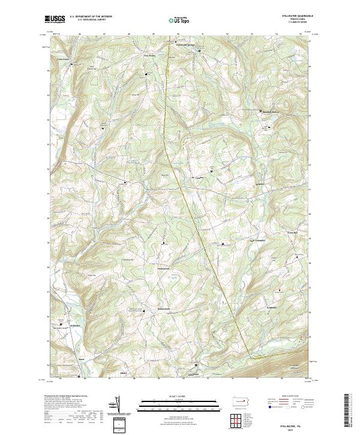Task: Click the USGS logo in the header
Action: [56, 20]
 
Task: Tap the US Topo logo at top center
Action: [179, 20]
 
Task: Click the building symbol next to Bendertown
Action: [144, 311]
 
